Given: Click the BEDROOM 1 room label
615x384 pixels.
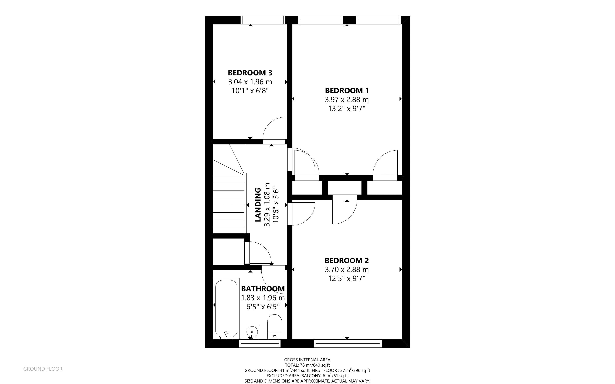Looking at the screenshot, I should tap(347, 91).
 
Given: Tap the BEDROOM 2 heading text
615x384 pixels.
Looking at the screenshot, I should tap(346, 261).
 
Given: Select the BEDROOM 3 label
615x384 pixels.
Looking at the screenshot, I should tap(250, 73).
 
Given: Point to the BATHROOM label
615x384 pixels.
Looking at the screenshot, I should tap(263, 289).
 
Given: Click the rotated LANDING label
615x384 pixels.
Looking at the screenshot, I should tap(258, 205).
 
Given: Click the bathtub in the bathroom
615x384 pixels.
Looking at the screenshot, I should tap(226, 309).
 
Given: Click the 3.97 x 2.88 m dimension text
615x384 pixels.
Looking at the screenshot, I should tap(347, 100).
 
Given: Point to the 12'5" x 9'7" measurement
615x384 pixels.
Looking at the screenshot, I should tap(346, 279).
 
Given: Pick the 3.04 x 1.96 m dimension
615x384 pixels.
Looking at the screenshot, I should tap(250, 82).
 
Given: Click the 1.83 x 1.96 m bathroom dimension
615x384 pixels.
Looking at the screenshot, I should tap(263, 298).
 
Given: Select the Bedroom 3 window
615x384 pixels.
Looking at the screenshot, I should tap(263, 20).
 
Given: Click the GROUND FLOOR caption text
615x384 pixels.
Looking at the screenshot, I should tap(43, 369).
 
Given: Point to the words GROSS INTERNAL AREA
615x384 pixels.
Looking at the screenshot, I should tap(307, 360).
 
